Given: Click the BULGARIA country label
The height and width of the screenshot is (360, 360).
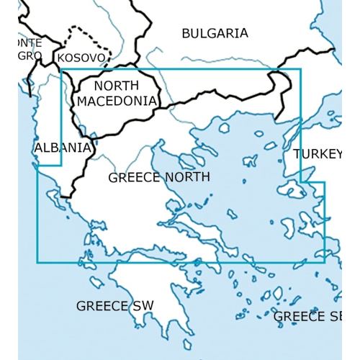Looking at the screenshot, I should click(215, 33).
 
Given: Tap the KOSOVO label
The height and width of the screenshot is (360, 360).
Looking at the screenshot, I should click(82, 57).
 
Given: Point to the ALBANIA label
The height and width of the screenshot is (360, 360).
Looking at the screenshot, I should click(63, 148).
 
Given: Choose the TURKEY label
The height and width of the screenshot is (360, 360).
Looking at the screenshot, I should click(318, 154).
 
